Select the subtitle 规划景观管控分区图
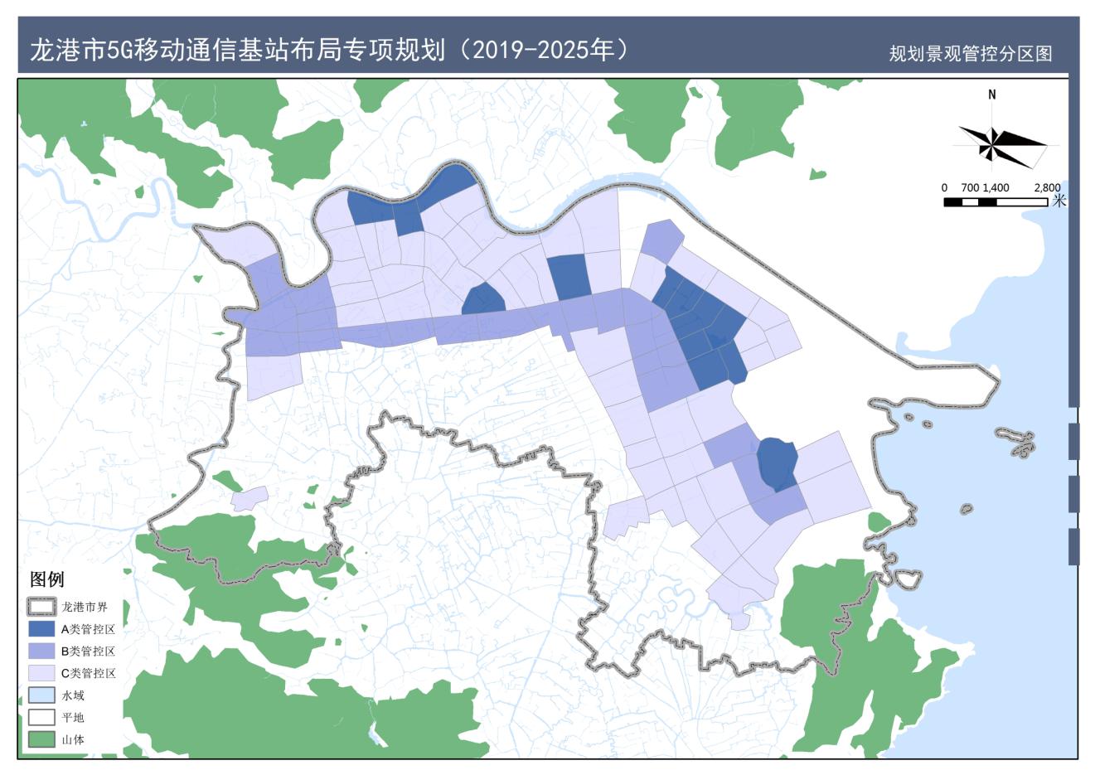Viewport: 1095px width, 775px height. [970, 54]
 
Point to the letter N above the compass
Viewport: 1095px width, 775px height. [992, 94]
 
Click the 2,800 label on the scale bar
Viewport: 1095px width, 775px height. [1047, 187]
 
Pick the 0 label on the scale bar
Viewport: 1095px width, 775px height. [945, 187]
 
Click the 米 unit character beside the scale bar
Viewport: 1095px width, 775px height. [1059, 201]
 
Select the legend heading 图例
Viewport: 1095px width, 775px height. [46, 579]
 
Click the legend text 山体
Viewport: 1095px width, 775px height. [73, 739]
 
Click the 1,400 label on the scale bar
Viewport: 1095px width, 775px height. [996, 187]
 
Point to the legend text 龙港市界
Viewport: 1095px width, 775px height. [85, 607]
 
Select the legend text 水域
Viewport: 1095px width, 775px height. [73, 695]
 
